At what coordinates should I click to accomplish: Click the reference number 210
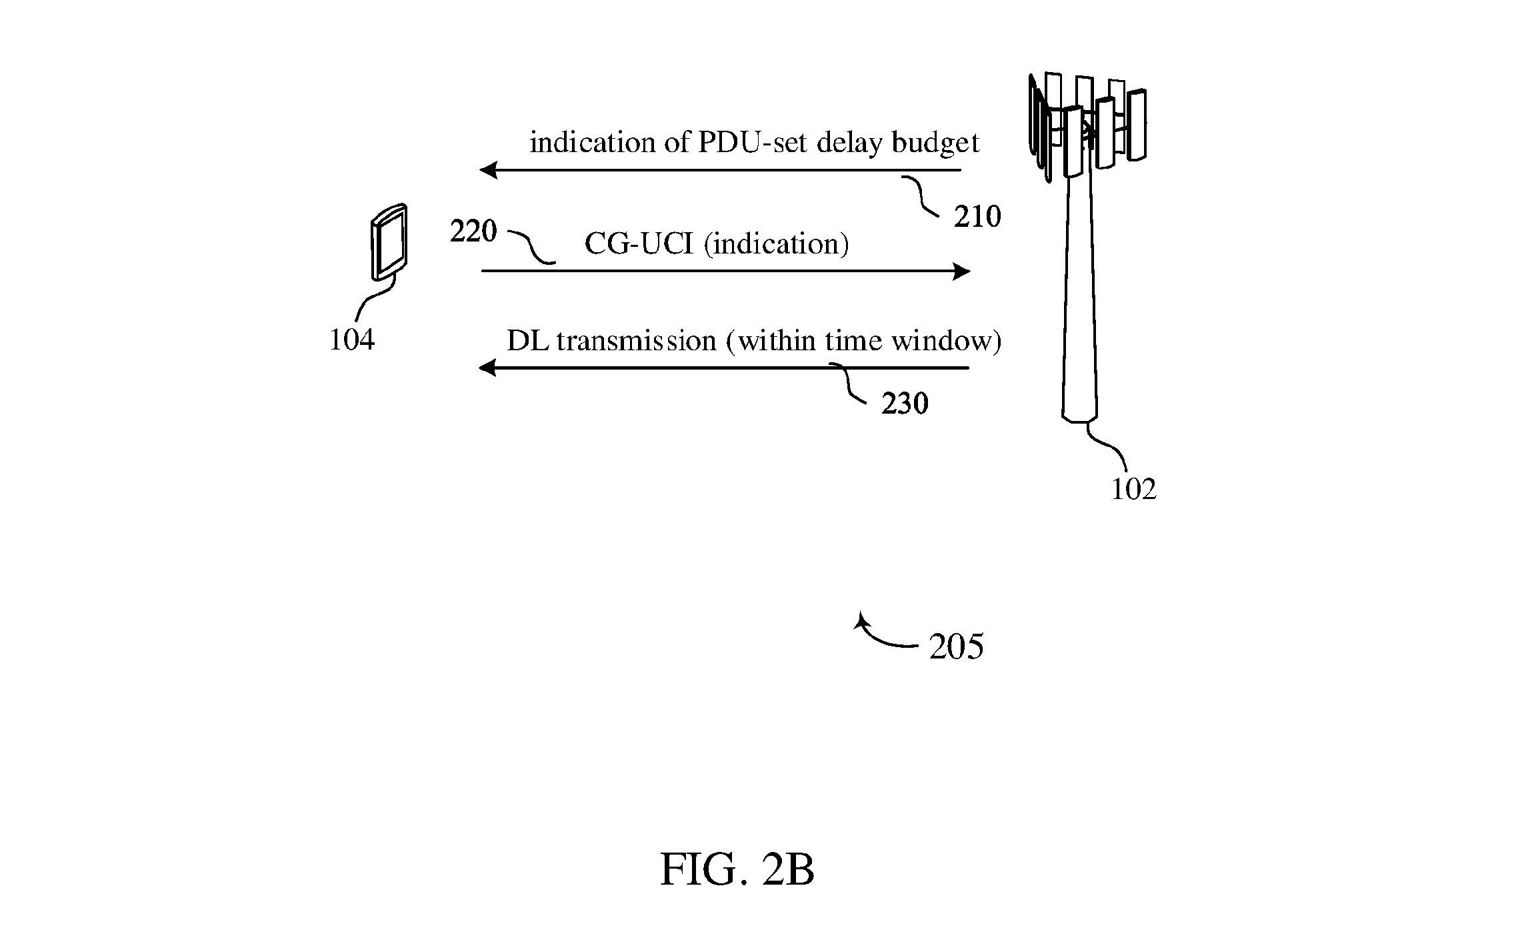(x=977, y=217)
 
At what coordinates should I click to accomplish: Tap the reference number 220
(x=473, y=231)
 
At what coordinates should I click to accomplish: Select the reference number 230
(x=905, y=404)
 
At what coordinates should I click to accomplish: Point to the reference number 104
(x=352, y=340)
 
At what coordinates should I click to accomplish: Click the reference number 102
(x=1133, y=489)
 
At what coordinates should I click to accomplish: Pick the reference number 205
(x=957, y=646)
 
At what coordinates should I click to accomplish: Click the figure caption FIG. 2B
(x=737, y=870)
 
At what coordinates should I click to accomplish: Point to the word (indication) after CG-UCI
(x=777, y=245)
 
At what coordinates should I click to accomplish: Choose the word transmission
(x=636, y=341)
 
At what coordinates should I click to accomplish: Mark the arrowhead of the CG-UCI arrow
(x=962, y=272)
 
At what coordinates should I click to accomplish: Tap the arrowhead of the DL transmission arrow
(x=488, y=368)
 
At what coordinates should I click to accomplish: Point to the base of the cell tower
(x=1079, y=418)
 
